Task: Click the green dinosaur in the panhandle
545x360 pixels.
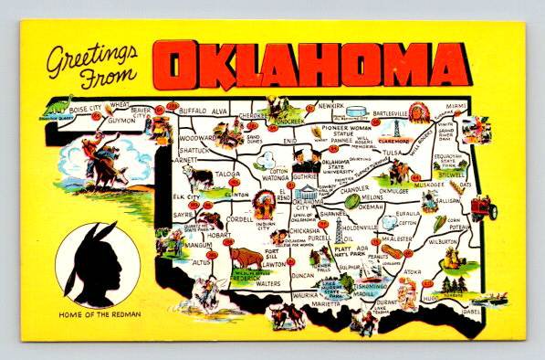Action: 63,105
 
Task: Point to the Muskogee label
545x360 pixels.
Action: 426,183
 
